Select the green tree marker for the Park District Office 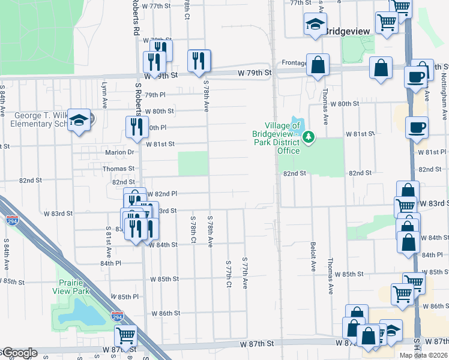[x=309, y=137]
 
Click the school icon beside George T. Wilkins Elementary [x=79, y=120]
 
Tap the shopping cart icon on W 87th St [x=126, y=335]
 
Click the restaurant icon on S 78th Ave [x=199, y=59]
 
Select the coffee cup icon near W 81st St [x=417, y=127]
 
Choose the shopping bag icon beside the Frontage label [x=318, y=65]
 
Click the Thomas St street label [x=118, y=169]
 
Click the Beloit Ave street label [x=313, y=257]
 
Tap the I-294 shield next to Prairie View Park [x=117, y=314]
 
